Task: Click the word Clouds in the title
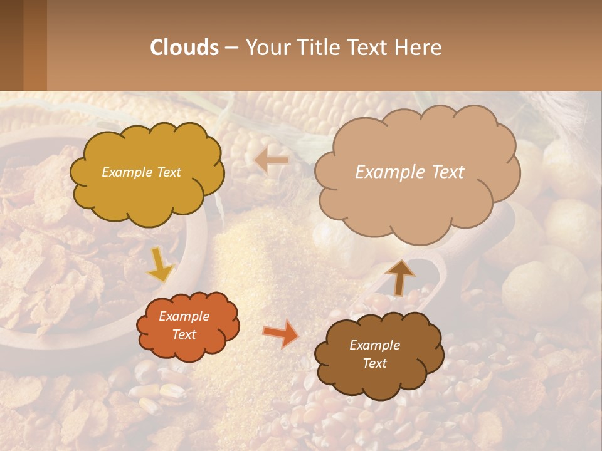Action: [x=184, y=48]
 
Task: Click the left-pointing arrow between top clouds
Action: [x=272, y=161]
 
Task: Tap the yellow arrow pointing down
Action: [x=161, y=265]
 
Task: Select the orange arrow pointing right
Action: [x=281, y=334]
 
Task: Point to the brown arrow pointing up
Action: [x=400, y=277]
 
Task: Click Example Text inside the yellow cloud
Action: [x=141, y=172]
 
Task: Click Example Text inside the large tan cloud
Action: [x=409, y=172]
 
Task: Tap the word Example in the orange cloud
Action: [x=184, y=316]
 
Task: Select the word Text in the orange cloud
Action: [x=184, y=334]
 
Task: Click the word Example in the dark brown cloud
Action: [x=374, y=345]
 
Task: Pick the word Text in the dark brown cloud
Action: [x=374, y=363]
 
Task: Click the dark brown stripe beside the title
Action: [x=11, y=45]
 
